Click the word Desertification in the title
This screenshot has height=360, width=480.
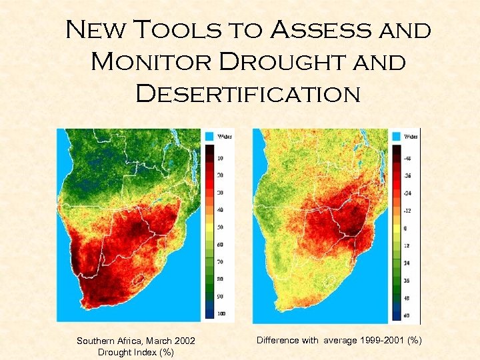248,93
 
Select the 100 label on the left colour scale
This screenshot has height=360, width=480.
220,313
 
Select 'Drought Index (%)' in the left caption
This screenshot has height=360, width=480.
136,353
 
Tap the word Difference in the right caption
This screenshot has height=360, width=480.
277,341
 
